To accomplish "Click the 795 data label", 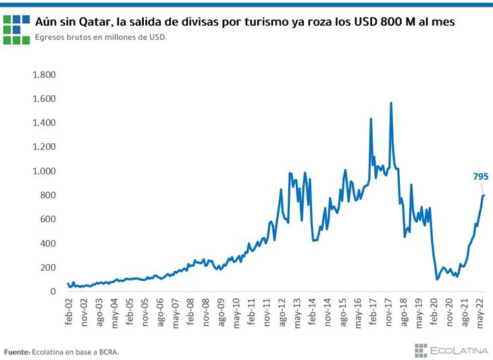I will pyautogui.click(x=480, y=177).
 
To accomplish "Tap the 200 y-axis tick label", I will pyautogui.click(x=47, y=267).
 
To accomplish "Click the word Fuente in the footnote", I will pyautogui.click(x=16, y=352).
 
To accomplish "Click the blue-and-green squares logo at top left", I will pyautogui.click(x=16, y=28).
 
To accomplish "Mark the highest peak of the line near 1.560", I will pyautogui.click(x=391, y=103).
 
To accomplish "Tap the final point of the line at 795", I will pyautogui.click(x=484, y=195).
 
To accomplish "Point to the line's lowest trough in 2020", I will pyautogui.click(x=436, y=279).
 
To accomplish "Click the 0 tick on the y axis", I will pyautogui.click(x=53, y=292).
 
